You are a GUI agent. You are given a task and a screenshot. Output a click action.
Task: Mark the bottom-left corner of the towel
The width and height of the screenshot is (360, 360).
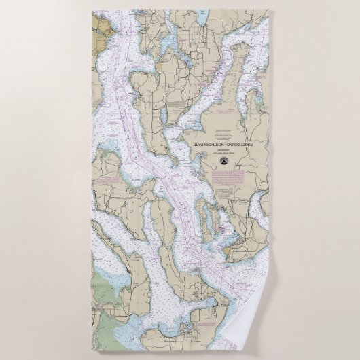click(90, 349)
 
